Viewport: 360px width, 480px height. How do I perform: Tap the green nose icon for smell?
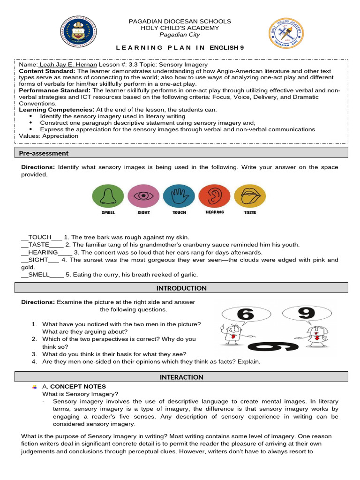[108, 196]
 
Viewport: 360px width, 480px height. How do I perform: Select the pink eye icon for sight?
[143, 196]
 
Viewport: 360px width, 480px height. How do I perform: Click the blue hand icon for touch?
[179, 196]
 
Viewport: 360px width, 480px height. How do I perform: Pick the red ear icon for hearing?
[215, 196]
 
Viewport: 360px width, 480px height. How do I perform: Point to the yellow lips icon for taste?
[250, 196]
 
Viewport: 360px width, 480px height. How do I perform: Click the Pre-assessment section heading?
[44, 153]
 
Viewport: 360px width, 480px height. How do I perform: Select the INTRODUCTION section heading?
[181, 288]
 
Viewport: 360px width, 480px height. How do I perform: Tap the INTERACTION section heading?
[181, 377]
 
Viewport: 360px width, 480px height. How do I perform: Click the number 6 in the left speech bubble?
[246, 314]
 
